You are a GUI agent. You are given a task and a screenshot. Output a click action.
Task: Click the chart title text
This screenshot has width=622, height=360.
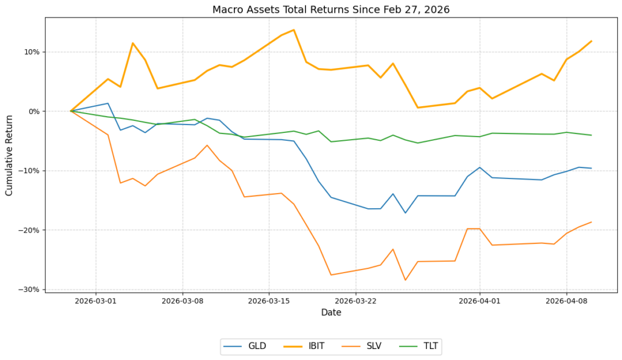point(331,10)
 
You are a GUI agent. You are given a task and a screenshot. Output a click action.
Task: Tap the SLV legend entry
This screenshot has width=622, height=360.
point(372,347)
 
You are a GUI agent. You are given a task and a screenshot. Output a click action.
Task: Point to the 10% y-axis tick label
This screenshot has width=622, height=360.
point(31,52)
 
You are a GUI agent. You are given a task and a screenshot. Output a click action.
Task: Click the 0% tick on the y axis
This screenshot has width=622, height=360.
point(33,111)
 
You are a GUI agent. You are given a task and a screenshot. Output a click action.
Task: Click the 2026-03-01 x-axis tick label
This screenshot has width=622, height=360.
point(95,299)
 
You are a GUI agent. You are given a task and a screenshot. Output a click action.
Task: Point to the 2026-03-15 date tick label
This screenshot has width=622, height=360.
point(269,299)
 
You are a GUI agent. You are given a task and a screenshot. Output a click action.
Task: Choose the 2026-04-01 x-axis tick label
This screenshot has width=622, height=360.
point(480,299)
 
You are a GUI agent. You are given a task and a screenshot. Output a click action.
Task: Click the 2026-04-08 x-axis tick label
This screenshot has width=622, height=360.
point(566,299)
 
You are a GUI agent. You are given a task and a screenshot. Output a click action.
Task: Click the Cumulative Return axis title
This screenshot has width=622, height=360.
point(9,148)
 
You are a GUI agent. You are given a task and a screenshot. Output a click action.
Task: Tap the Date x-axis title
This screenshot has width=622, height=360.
point(331,313)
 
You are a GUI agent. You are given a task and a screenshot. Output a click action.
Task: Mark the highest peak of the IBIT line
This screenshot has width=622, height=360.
point(294,30)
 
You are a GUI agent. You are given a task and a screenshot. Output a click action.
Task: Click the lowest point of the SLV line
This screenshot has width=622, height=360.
point(405,280)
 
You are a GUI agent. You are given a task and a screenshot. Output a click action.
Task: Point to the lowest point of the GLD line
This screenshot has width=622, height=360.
point(405,212)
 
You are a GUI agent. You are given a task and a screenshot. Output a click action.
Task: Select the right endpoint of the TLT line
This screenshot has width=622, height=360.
point(591,135)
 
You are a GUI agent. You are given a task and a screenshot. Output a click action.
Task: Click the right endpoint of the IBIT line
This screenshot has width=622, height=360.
point(591,41)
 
